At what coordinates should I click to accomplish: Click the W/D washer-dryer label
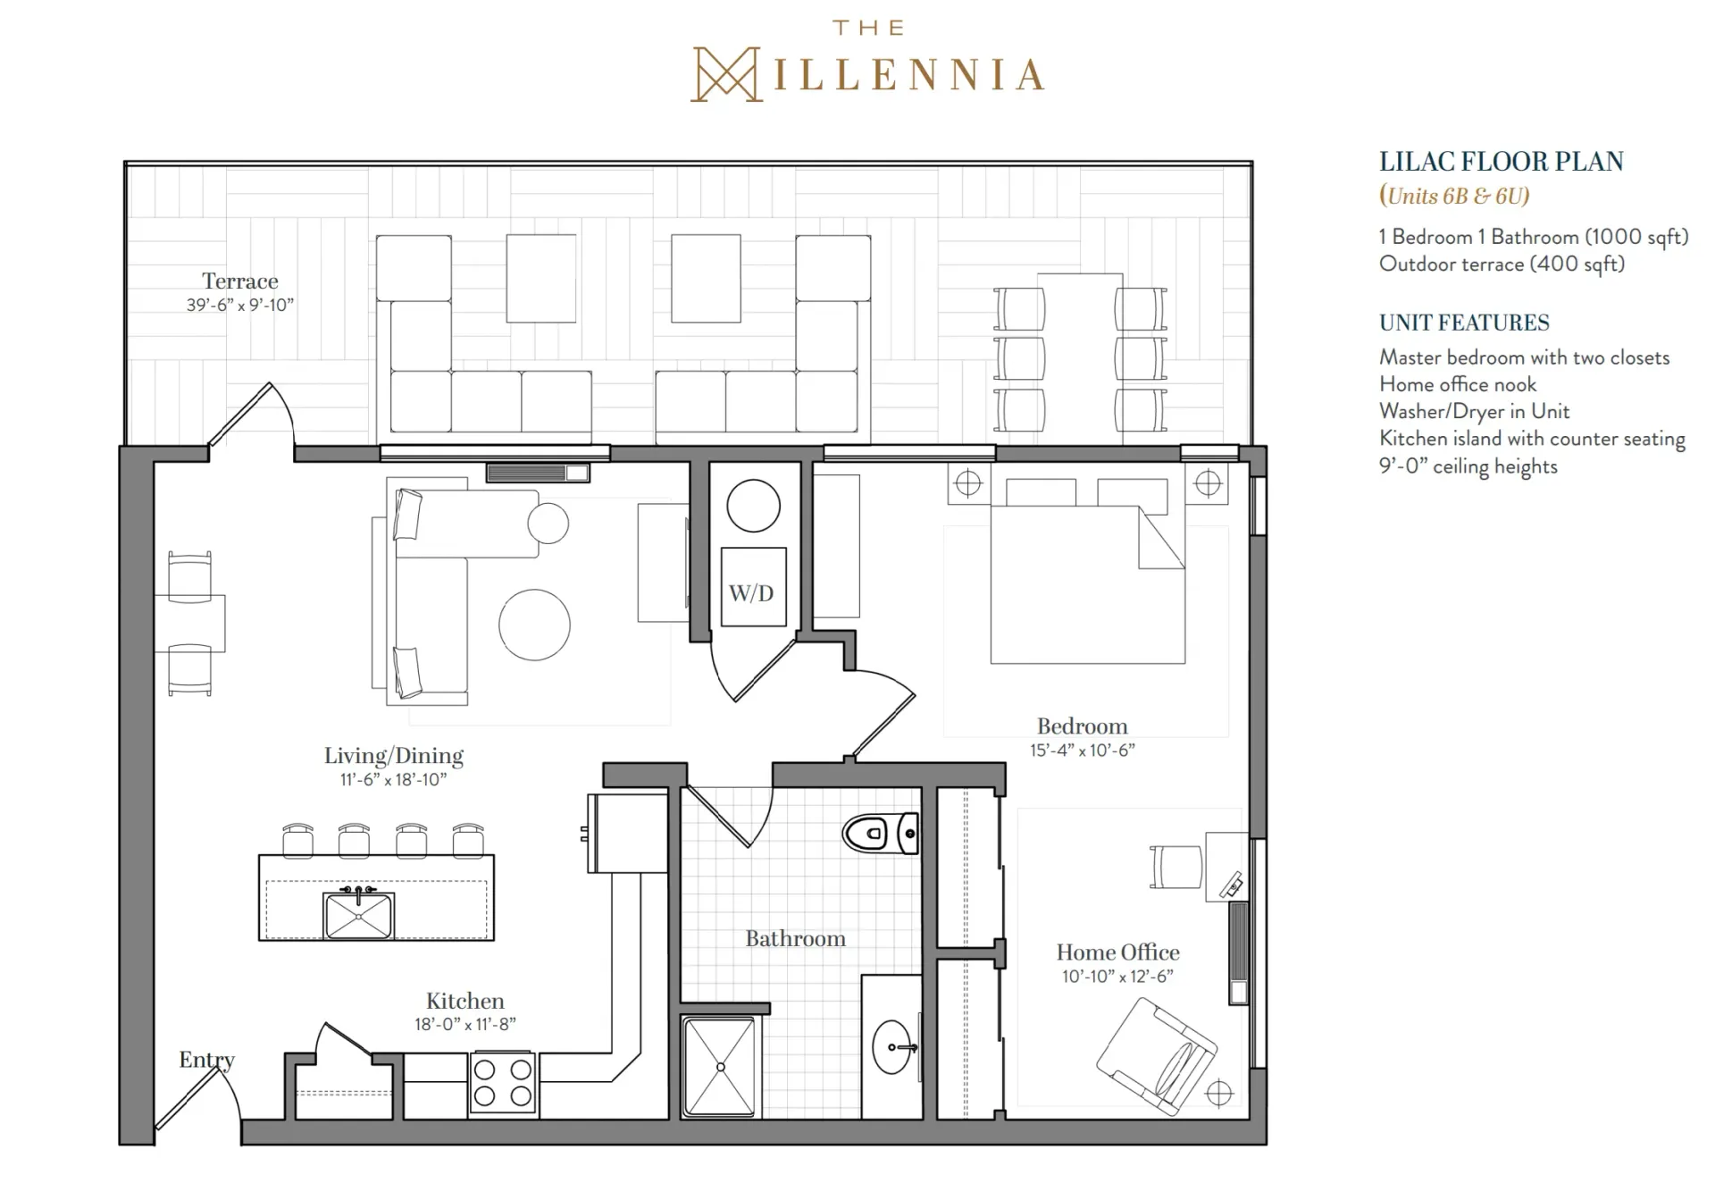[751, 593]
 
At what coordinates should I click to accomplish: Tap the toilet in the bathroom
[880, 834]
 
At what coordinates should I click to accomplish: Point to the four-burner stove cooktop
[502, 1082]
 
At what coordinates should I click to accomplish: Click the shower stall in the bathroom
[719, 1067]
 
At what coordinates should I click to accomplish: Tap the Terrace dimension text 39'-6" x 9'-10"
[240, 305]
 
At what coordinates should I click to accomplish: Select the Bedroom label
[1082, 726]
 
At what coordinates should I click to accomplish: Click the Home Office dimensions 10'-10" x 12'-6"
[1117, 977]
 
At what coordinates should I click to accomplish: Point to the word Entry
[206, 1061]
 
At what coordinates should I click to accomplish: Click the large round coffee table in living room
[534, 625]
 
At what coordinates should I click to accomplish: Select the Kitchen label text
[464, 1001]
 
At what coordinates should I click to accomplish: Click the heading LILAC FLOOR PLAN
[1501, 162]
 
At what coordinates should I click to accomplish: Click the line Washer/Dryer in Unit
[1474, 411]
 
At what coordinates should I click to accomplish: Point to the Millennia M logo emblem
[726, 74]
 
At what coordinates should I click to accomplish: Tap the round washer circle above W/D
[753, 506]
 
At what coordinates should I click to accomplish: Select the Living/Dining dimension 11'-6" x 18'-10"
[393, 780]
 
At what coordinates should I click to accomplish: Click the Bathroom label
[795, 938]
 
